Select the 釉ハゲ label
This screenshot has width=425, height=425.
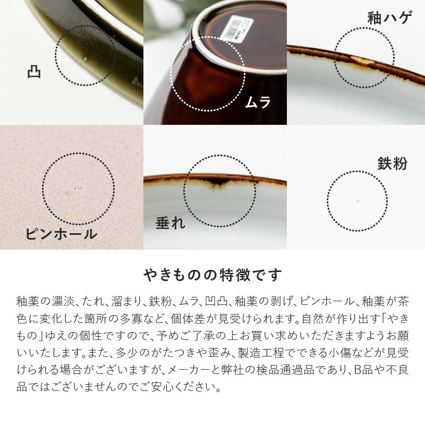389,18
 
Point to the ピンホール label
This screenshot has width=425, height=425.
61,234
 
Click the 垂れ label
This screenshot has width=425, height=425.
170,223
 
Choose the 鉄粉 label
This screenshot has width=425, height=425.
393,163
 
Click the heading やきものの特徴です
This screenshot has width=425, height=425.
212,275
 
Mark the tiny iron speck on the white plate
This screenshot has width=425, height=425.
357,201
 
